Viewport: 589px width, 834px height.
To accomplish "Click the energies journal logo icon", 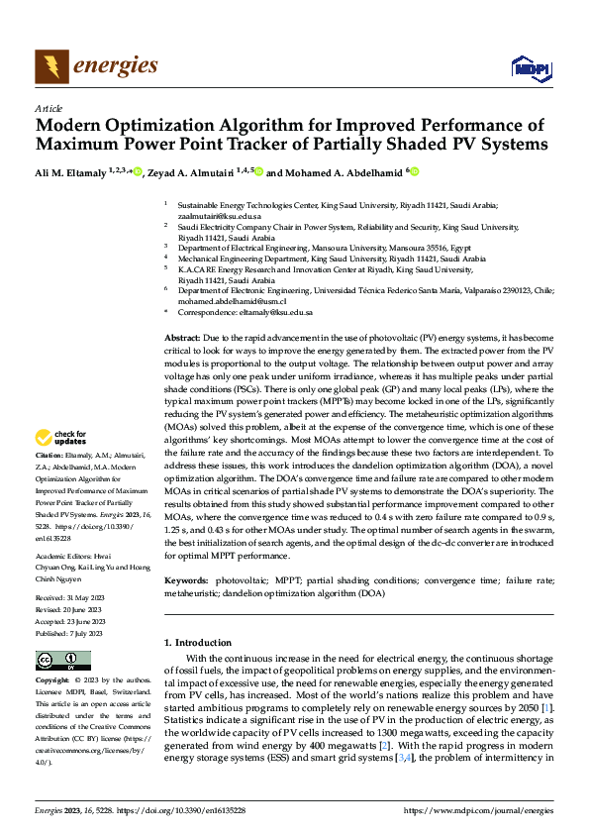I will [51, 66].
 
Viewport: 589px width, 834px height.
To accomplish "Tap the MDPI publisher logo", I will [527, 67].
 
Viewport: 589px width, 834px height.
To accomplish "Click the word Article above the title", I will [49, 108].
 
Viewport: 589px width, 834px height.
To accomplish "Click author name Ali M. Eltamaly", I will [71, 172].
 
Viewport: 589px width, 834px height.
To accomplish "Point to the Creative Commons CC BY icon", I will [62, 661].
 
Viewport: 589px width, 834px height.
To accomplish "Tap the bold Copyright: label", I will [52, 680].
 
